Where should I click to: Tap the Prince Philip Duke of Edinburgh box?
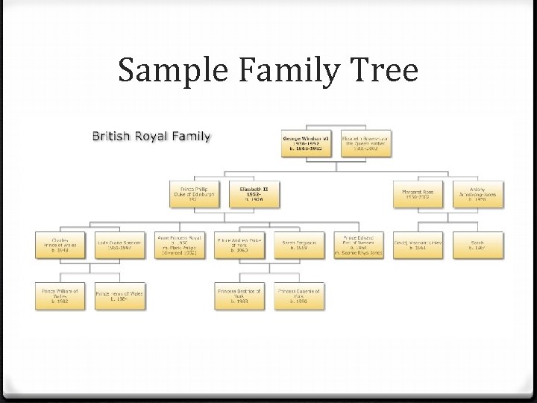point(193,193)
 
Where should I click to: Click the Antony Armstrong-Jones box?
point(482,193)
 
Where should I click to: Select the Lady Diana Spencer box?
point(119,245)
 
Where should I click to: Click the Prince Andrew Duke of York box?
point(239,245)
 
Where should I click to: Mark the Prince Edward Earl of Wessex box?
point(358,245)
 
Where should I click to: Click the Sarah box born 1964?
point(477,245)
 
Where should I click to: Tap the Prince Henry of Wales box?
point(119,296)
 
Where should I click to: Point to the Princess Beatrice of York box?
point(239,296)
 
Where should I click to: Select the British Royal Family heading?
point(151,137)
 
